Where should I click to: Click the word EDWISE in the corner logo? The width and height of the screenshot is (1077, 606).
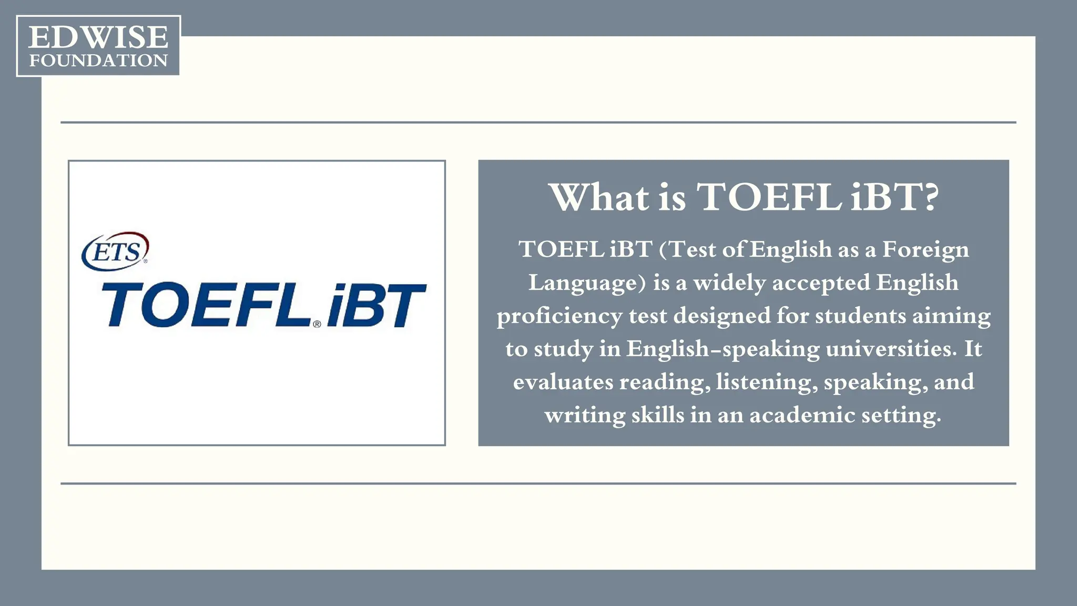(98, 37)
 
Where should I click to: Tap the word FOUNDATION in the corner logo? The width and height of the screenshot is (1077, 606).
(98, 60)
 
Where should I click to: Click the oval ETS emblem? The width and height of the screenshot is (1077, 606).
(115, 251)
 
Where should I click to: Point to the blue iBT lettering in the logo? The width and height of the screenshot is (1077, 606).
(376, 306)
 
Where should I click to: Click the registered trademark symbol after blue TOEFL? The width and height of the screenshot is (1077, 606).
(317, 324)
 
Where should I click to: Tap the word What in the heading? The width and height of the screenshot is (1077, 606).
(599, 198)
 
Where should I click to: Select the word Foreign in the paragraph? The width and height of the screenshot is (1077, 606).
(925, 250)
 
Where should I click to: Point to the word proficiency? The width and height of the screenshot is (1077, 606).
(559, 317)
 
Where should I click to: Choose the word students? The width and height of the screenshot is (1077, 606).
(860, 316)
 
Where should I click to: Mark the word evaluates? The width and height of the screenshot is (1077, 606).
(563, 382)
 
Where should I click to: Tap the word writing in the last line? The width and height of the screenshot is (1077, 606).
(585, 416)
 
